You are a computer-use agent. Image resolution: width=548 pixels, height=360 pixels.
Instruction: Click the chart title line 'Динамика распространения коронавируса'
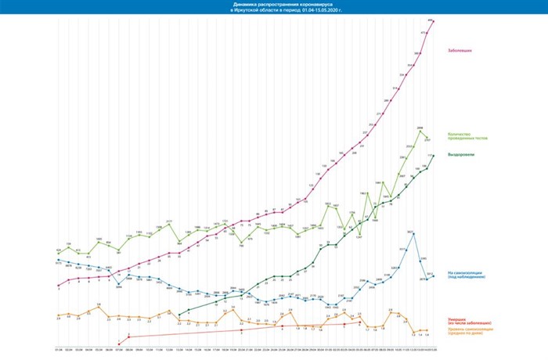[x=273, y=4]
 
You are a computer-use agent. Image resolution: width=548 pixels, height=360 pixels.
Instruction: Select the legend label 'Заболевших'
[x=460, y=50]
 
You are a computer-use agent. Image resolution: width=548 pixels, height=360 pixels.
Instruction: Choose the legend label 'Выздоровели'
[x=460, y=154]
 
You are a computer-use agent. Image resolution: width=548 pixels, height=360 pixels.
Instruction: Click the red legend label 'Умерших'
[x=459, y=321]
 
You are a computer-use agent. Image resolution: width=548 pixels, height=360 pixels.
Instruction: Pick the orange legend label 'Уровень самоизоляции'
[x=469, y=330]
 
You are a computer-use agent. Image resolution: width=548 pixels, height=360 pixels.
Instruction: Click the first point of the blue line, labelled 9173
[x=59, y=260]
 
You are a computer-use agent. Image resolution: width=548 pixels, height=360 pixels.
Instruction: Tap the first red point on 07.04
[x=118, y=341]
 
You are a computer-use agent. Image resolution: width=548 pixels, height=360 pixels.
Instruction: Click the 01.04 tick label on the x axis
[x=59, y=351]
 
